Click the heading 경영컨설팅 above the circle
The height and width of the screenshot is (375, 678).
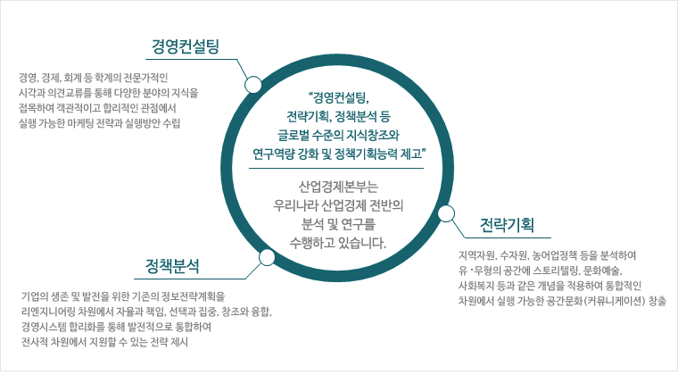click(185, 46)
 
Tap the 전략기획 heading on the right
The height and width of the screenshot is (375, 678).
click(507, 225)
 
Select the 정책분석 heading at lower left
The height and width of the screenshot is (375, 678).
click(172, 266)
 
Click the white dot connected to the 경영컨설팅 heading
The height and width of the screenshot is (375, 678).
click(252, 84)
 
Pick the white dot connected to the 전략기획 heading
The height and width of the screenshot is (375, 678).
click(446, 213)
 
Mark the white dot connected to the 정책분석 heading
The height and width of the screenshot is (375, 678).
click(267, 257)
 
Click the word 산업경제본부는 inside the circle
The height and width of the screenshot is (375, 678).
click(338, 187)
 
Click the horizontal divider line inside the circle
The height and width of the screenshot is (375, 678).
click(336, 168)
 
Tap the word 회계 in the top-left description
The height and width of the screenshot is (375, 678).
click(70, 78)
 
